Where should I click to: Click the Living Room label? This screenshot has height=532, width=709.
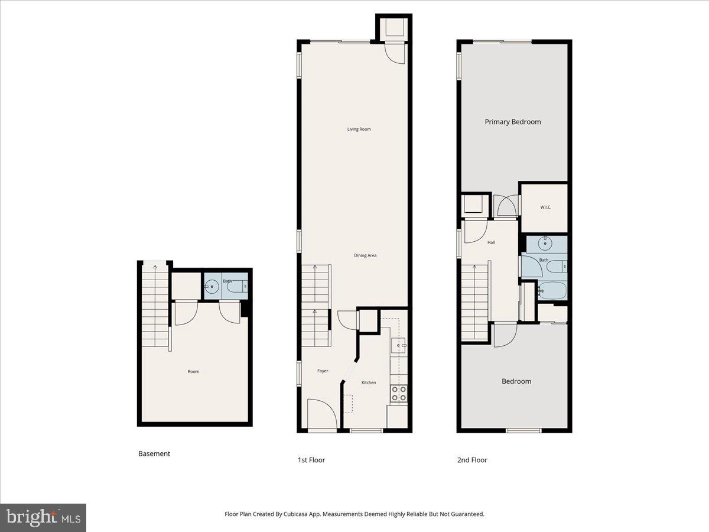click(359, 129)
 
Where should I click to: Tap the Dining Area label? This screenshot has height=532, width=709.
click(365, 255)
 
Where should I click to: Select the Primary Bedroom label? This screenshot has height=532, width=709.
click(512, 122)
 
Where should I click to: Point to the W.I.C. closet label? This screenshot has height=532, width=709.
click(545, 207)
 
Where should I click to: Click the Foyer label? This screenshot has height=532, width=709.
click(323, 371)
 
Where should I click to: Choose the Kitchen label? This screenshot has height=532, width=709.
click(369, 382)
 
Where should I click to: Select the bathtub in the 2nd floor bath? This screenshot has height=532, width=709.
click(552, 291)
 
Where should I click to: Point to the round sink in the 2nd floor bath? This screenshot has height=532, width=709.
click(544, 243)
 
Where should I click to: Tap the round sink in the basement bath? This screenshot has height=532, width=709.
click(212, 288)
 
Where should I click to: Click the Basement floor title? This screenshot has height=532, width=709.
click(154, 454)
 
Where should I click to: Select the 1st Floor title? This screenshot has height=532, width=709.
click(311, 460)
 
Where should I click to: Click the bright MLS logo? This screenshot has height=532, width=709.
click(43, 517)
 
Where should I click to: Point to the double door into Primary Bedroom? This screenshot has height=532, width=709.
click(506, 206)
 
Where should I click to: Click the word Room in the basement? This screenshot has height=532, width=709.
click(193, 372)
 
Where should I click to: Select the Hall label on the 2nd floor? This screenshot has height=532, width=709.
click(491, 242)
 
